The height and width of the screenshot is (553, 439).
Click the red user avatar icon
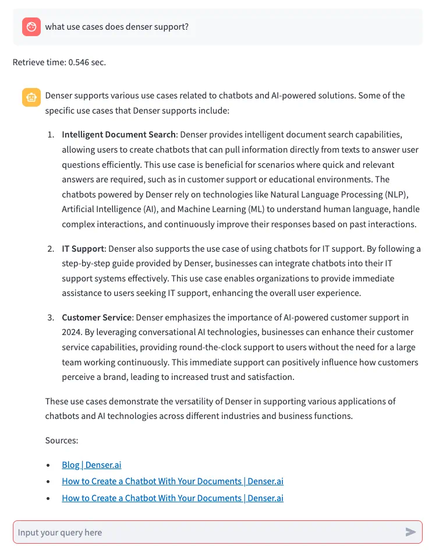click(31, 27)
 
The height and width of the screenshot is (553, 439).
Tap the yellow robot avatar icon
click(31, 97)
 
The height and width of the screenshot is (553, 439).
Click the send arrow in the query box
click(410, 531)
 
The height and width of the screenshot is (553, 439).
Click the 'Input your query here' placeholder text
click(60, 532)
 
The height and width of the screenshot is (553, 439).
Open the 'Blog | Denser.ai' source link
click(91, 465)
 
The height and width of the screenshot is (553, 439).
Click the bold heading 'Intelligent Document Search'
click(119, 135)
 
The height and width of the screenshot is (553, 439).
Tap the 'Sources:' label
click(62, 441)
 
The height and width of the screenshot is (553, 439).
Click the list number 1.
click(51, 135)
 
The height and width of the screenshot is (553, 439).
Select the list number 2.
click(51, 249)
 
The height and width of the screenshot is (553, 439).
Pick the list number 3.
click(51, 318)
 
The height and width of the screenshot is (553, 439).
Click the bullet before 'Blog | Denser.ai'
click(48, 466)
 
